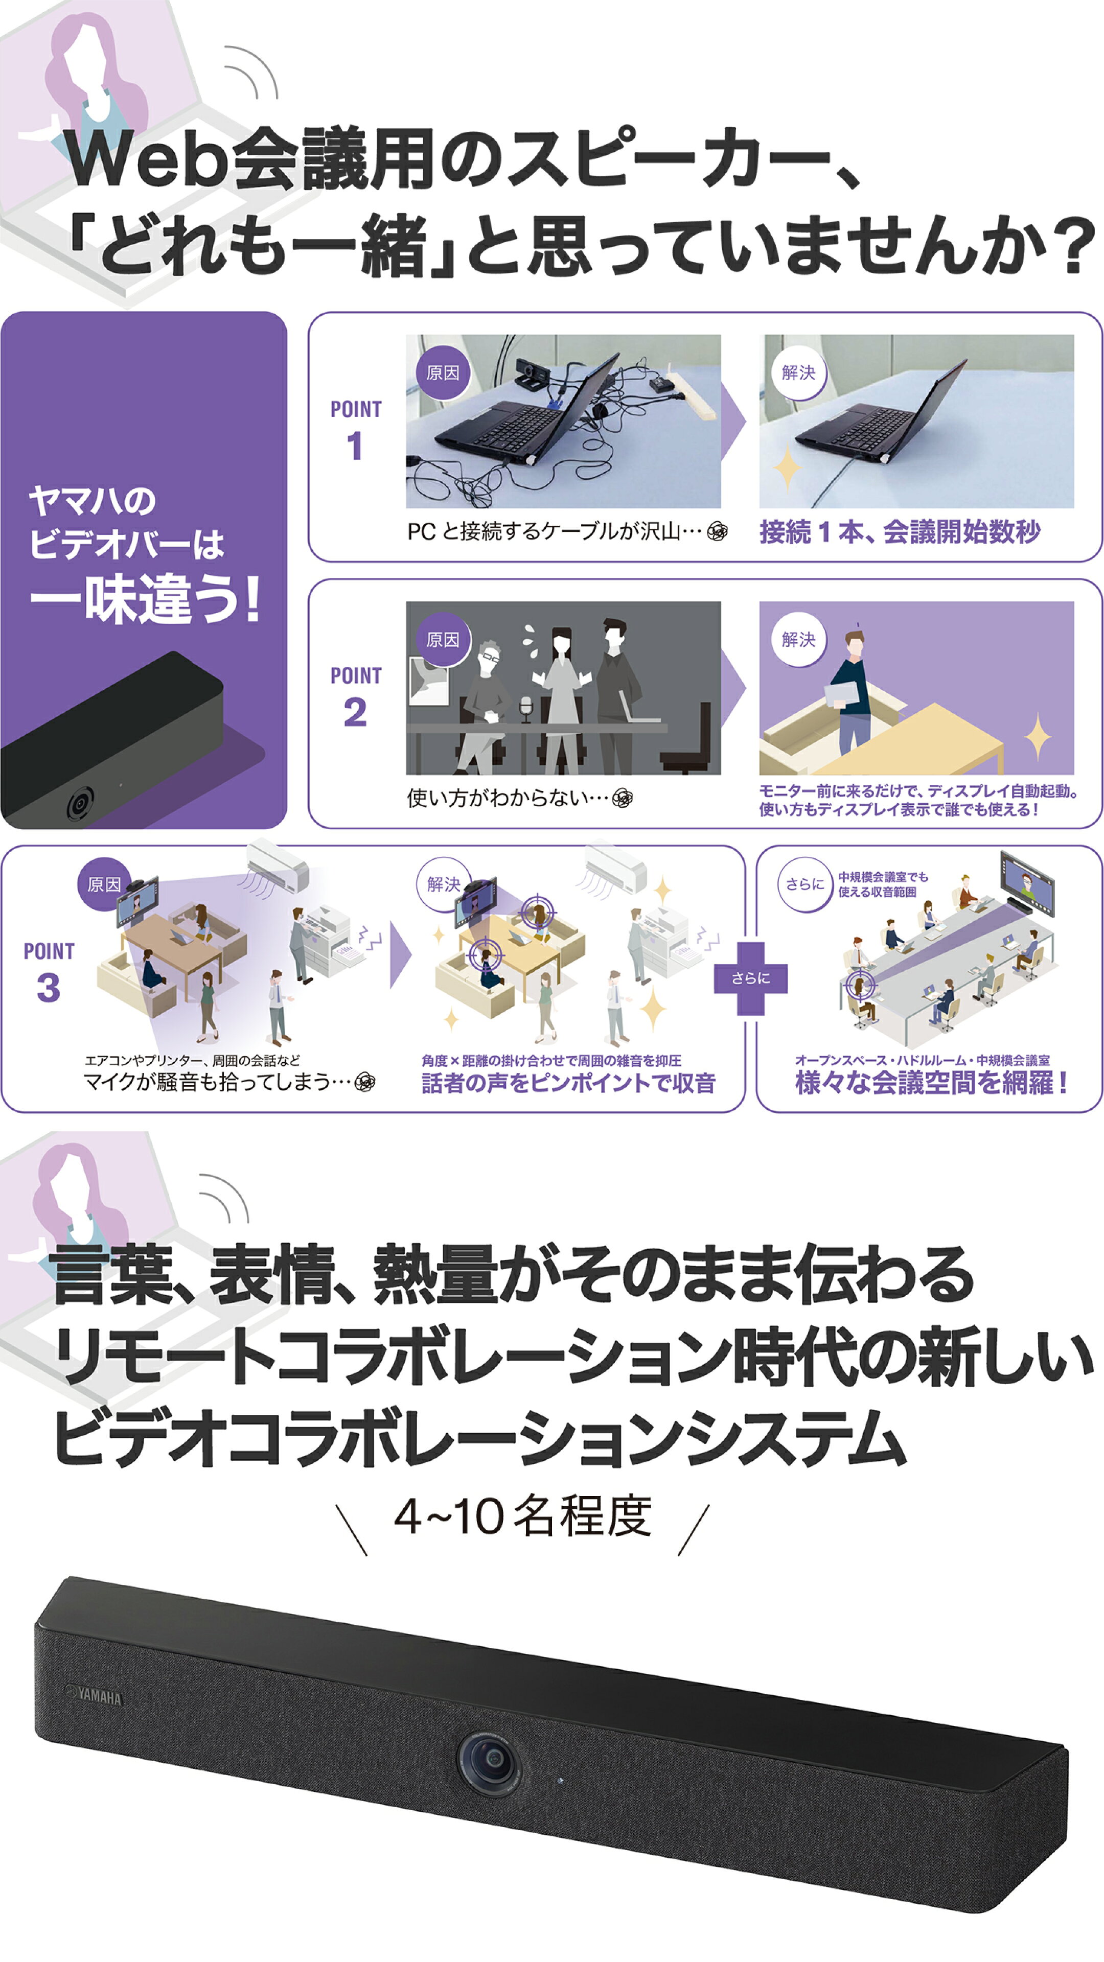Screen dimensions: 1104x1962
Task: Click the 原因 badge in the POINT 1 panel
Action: pyautogui.click(x=443, y=372)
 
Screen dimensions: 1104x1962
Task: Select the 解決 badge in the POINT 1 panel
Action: pyautogui.click(x=798, y=372)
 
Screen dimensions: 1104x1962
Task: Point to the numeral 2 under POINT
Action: pyautogui.click(x=355, y=713)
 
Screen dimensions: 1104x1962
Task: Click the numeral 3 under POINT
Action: pyautogui.click(x=48, y=988)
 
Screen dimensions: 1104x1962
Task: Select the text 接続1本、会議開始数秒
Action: pyautogui.click(x=900, y=531)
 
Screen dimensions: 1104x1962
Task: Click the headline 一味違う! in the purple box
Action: pyautogui.click(x=145, y=599)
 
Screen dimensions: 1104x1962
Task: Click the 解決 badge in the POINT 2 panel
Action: pyautogui.click(x=798, y=640)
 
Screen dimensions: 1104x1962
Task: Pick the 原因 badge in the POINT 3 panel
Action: pyautogui.click(x=104, y=884)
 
